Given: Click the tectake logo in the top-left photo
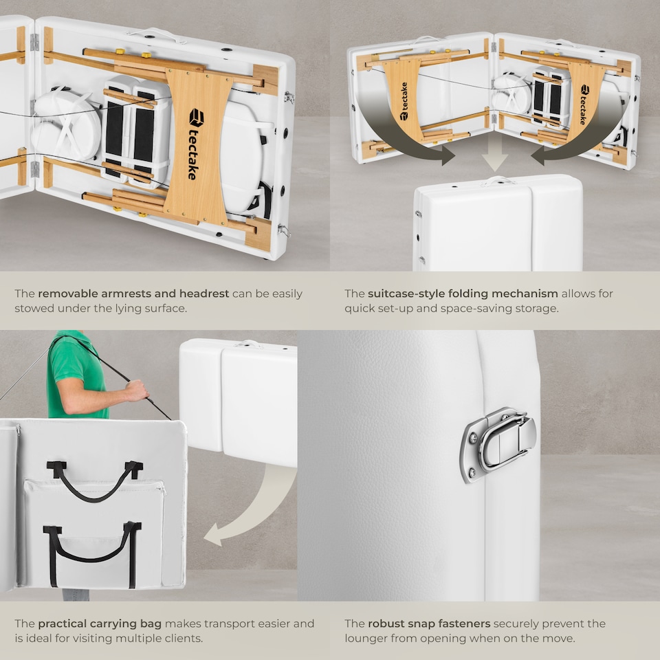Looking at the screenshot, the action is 195,144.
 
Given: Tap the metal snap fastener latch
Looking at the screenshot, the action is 499,445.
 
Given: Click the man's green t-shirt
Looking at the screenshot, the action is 76,374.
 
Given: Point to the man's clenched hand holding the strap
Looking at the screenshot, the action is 137,390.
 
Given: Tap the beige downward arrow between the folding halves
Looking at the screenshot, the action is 494,157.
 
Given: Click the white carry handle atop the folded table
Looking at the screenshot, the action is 499,181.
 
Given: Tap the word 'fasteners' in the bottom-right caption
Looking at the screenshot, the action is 464,624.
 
